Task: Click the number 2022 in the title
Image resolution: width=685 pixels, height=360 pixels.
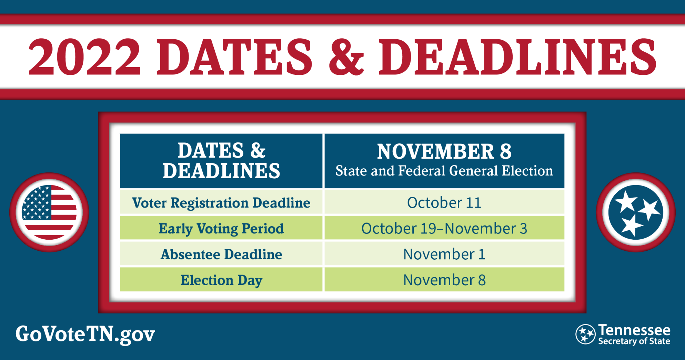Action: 84,57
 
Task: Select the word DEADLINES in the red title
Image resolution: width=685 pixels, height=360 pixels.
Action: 517,57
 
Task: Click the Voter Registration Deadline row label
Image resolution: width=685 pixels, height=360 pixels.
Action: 221,203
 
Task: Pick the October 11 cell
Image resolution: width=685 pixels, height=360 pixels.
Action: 444,202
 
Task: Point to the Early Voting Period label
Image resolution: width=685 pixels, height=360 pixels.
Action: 221,229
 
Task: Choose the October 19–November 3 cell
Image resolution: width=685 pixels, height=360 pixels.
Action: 444,228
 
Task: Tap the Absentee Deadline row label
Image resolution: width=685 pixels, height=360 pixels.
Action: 221,254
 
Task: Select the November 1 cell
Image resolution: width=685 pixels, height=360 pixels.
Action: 444,254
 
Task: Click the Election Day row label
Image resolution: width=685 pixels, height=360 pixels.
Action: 221,280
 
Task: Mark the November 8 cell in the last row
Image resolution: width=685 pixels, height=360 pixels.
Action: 444,280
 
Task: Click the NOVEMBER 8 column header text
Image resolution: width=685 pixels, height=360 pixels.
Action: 444,151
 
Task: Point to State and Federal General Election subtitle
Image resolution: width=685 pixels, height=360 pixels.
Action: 444,171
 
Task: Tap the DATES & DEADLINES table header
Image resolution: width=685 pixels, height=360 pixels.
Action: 221,161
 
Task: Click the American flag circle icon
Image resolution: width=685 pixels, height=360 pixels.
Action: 49,212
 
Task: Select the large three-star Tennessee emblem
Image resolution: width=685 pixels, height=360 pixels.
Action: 636,212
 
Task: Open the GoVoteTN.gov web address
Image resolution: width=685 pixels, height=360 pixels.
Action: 85,334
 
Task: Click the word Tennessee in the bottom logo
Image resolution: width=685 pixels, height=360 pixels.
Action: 634,330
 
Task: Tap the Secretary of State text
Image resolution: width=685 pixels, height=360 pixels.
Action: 634,341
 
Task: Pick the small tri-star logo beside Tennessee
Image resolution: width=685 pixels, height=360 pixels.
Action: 585,334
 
